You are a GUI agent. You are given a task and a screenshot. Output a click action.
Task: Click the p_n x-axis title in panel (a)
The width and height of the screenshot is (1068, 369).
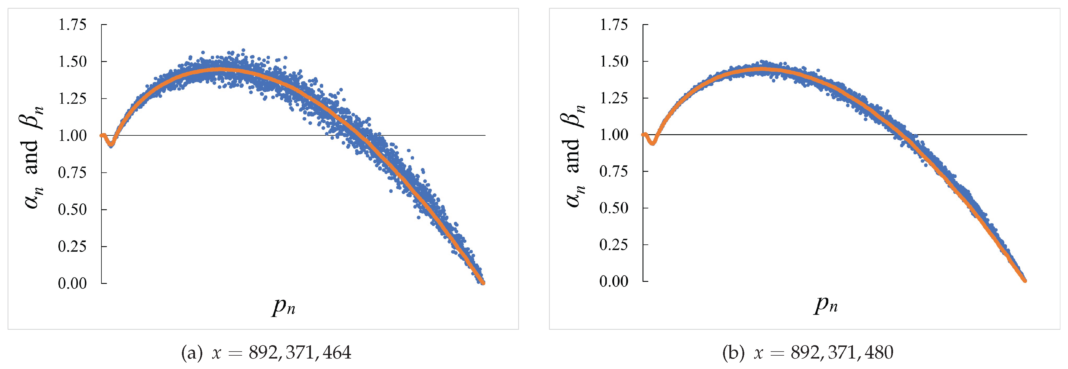tap(284, 307)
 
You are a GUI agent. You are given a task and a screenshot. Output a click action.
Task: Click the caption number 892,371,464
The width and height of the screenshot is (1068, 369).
tap(300, 353)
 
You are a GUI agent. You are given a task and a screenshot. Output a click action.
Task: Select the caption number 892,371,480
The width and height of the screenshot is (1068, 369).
tap(842, 353)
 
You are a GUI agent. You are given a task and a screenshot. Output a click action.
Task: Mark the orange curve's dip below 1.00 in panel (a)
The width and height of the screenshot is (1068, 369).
tap(111, 144)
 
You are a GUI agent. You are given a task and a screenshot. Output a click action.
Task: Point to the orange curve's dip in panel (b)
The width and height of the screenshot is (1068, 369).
tap(653, 143)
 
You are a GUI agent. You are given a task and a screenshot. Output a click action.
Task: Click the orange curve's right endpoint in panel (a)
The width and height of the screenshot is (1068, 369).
tap(483, 282)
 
